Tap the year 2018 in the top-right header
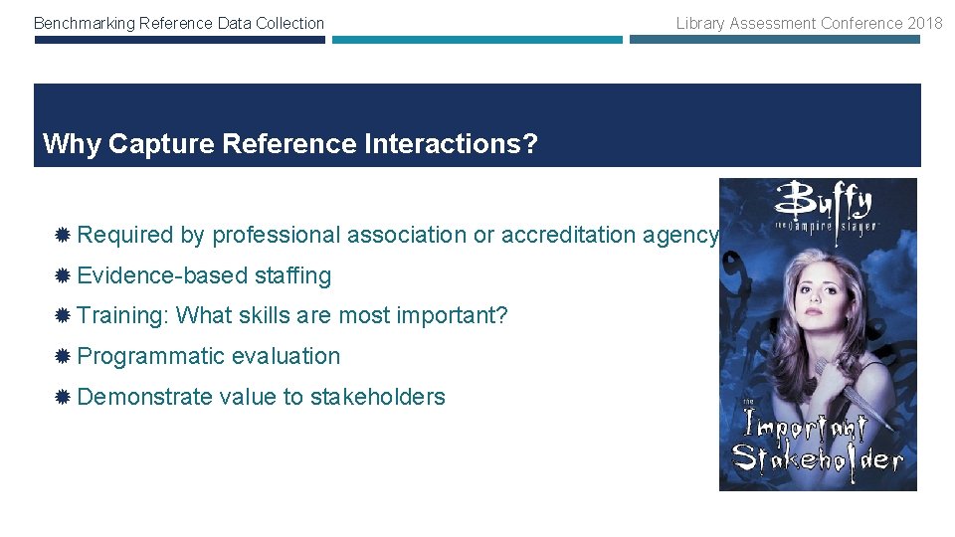point(924,23)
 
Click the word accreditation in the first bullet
point(563,235)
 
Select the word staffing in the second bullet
point(292,275)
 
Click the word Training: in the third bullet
point(122,316)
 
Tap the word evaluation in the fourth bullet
point(286,356)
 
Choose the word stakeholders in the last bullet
point(377,397)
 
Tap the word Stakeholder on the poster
point(817,459)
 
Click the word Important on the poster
point(807,427)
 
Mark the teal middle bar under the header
point(477,41)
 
